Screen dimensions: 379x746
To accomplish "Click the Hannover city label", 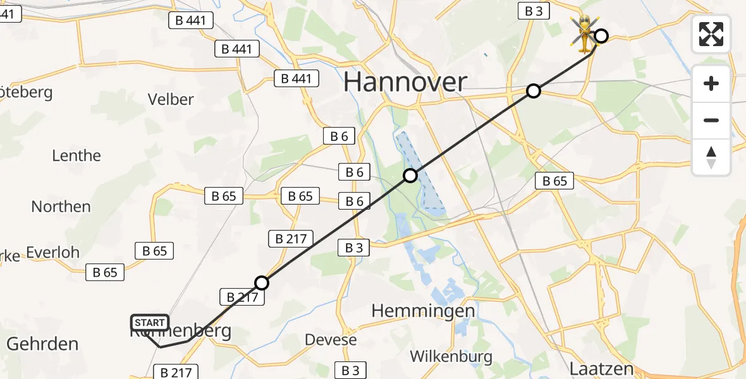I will (x=405, y=83).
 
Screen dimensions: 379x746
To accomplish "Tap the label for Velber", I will (x=170, y=99).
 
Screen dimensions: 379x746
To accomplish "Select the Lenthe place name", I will (x=76, y=155).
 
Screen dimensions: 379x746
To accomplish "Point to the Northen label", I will (x=61, y=207).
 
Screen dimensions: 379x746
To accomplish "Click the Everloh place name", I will (x=52, y=253).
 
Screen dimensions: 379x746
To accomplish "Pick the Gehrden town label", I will (x=42, y=344).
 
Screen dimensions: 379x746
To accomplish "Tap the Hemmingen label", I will (x=423, y=311).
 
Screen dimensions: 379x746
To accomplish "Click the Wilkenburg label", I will (x=451, y=356).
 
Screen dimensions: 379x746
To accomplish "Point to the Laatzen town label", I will (x=601, y=368).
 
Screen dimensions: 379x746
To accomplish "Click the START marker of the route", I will (x=150, y=323).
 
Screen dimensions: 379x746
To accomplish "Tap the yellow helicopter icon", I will (x=584, y=33).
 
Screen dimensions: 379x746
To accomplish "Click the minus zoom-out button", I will (x=711, y=120).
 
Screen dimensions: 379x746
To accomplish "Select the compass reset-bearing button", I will (x=711, y=157).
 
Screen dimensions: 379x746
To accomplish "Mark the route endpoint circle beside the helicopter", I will (x=601, y=36).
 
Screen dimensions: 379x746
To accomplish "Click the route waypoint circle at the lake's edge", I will (x=410, y=176).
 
